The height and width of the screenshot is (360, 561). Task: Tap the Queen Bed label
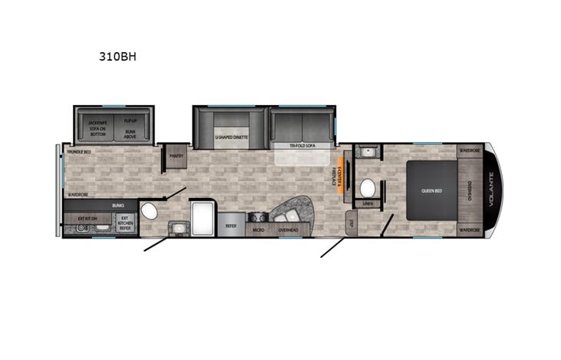coord(432,190)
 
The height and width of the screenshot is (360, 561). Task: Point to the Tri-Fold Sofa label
coord(303,145)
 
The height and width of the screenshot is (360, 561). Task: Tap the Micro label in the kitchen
coord(259,229)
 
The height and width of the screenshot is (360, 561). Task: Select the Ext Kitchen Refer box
coord(124,223)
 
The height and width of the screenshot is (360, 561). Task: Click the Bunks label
coord(117,206)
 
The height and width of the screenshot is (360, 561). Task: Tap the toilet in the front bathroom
coord(368,187)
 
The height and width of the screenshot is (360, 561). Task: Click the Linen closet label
coord(368,203)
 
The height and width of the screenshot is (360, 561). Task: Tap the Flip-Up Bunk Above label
coord(130,127)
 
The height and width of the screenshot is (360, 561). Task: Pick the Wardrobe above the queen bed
coord(470,150)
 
